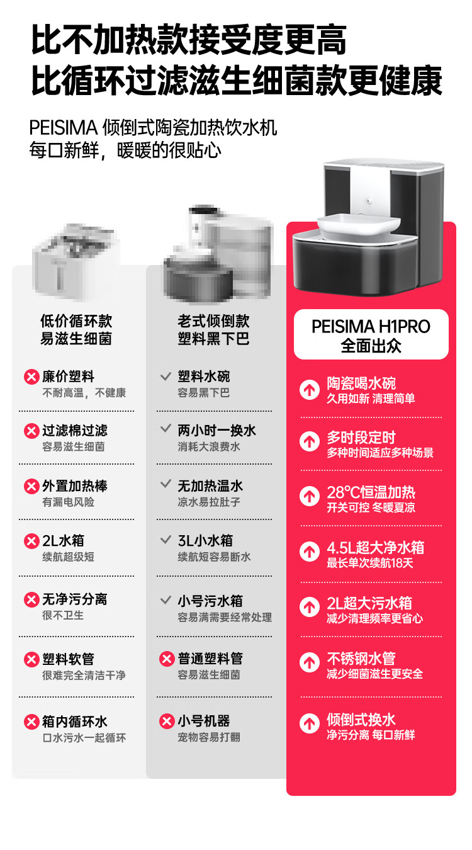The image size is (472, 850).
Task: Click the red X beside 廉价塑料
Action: point(31,377)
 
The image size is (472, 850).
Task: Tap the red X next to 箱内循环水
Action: point(31,722)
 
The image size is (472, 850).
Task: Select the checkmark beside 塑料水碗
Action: point(166,377)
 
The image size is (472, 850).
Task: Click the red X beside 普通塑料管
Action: point(167,659)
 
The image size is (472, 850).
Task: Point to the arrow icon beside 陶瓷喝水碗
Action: point(310,389)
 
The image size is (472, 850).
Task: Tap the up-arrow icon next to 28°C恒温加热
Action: point(310,496)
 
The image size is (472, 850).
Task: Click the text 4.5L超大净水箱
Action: point(376,548)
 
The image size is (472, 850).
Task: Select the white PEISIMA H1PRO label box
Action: point(371,334)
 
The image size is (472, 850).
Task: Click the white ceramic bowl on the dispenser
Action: point(359,225)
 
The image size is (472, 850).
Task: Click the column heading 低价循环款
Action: point(76,321)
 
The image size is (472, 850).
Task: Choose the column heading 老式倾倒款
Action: point(213,321)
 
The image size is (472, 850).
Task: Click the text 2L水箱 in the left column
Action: point(64,541)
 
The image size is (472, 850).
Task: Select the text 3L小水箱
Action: point(205,541)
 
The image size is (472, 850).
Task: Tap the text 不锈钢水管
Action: point(361,659)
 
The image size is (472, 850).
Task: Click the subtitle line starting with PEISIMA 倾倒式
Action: point(153,127)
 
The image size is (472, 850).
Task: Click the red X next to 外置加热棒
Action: point(31,486)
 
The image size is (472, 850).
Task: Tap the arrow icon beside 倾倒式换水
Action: point(310,723)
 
